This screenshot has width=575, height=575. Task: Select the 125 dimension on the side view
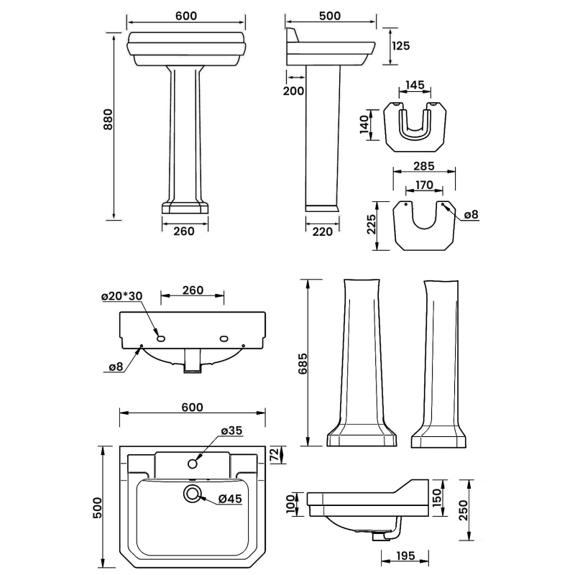[401, 45]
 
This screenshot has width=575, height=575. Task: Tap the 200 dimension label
[295, 91]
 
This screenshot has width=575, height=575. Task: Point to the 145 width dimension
[415, 85]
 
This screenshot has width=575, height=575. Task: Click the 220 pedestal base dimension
[322, 231]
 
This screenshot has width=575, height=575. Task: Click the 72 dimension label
[273, 455]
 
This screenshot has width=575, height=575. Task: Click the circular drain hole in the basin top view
[193, 493]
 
